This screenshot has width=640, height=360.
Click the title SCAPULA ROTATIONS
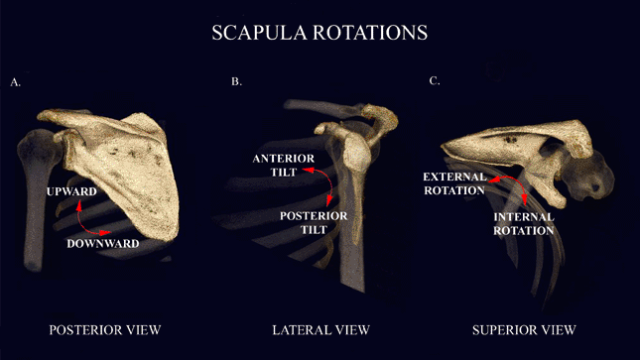320,33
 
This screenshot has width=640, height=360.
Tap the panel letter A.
15,82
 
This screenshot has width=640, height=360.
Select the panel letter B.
236,80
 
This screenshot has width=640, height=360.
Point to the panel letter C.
434,80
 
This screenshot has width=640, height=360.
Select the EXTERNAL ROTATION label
454,183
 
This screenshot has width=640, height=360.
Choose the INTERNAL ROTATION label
522,223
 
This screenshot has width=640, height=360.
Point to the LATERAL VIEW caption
320,328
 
